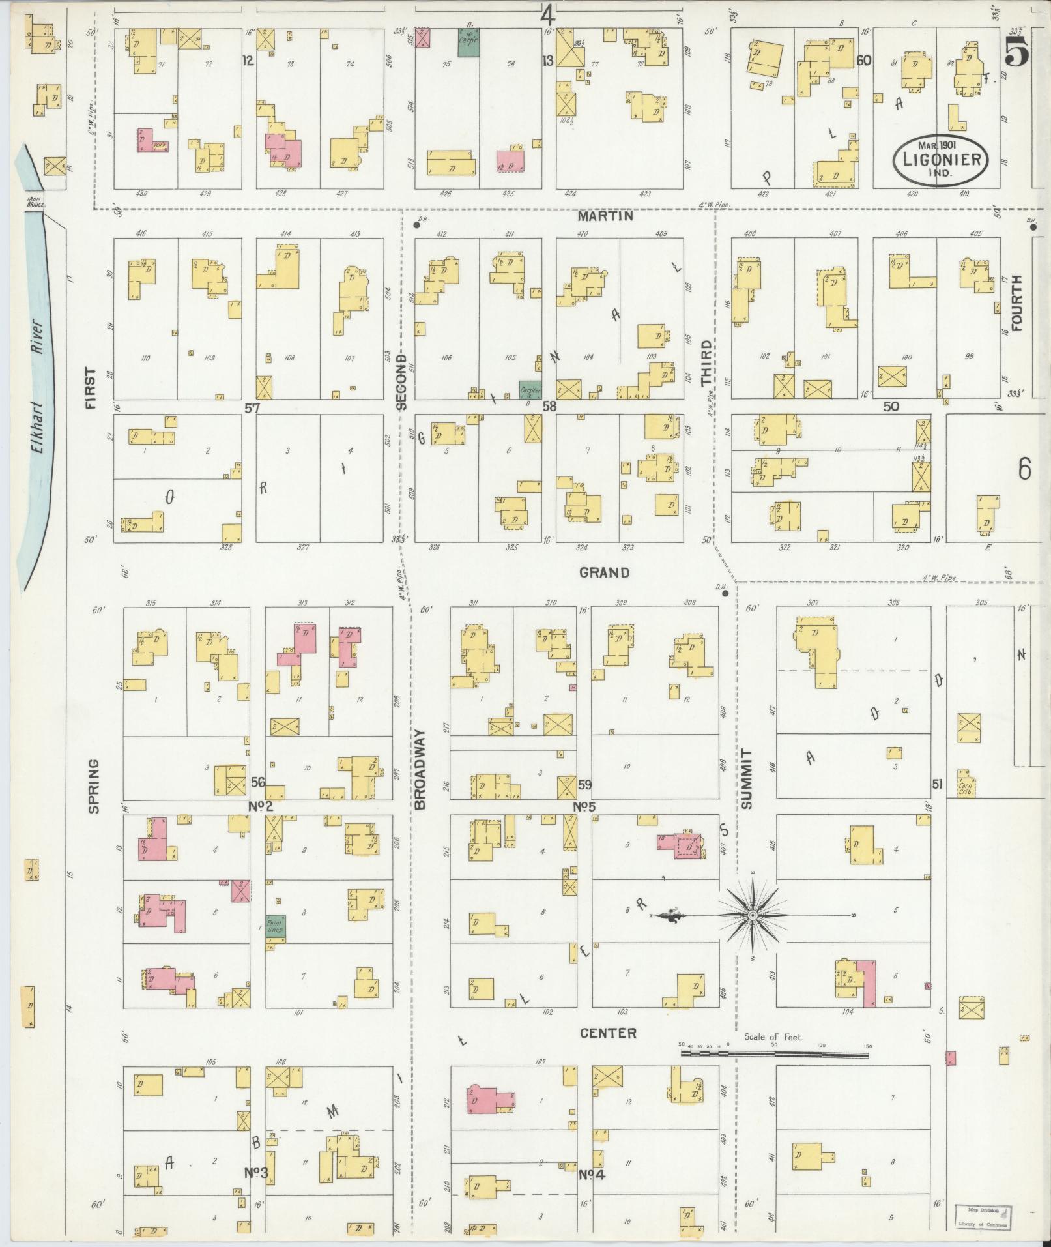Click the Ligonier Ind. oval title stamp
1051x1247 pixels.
pos(940,159)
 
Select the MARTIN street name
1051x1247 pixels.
pos(606,216)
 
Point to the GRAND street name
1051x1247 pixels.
pos(605,572)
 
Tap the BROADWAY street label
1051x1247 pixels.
pos(419,769)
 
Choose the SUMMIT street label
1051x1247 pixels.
pos(746,780)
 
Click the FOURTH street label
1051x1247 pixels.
pos(1017,302)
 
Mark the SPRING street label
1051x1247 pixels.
pos(93,785)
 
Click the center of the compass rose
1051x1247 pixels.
pos(753,916)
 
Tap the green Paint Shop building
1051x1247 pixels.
pos(275,928)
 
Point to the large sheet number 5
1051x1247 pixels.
pos(1016,51)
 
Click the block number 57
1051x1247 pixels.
pos(252,408)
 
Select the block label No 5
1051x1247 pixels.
pos(584,807)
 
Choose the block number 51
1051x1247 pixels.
pos(937,785)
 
